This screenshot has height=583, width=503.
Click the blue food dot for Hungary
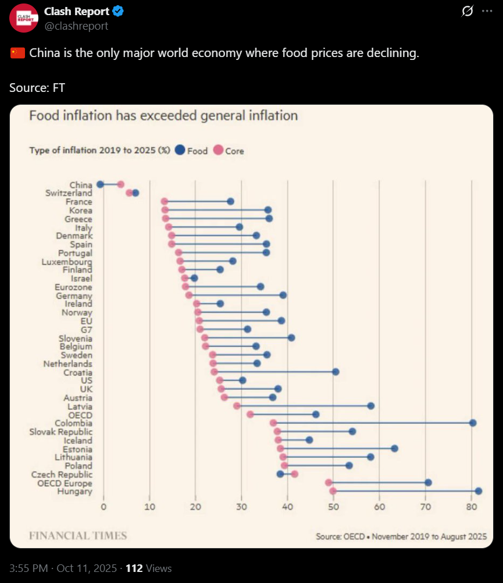pos(479,491)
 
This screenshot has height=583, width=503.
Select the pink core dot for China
pos(120,184)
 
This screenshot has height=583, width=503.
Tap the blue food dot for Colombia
pos(473,423)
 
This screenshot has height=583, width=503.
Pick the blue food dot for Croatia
pos(336,372)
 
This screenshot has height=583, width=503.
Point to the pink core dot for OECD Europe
pos(329,482)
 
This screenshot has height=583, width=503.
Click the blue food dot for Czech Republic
pos(280,474)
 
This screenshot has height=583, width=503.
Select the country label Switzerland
pos(69,193)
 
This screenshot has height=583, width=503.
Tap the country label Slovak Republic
pos(60,432)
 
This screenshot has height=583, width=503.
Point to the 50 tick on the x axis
pos(333,507)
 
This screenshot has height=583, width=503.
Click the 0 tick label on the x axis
pos(104,507)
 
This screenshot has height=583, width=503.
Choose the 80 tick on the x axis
pos(472,507)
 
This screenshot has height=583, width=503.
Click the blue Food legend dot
pos(180,150)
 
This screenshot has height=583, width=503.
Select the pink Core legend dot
pos(218,150)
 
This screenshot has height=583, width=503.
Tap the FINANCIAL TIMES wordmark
pos(78,535)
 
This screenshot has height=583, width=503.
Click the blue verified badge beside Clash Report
pos(117,11)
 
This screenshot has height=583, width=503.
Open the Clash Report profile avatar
pos(24,17)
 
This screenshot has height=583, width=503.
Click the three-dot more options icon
pos(487,11)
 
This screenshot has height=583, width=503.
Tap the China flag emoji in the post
pos(17,54)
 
